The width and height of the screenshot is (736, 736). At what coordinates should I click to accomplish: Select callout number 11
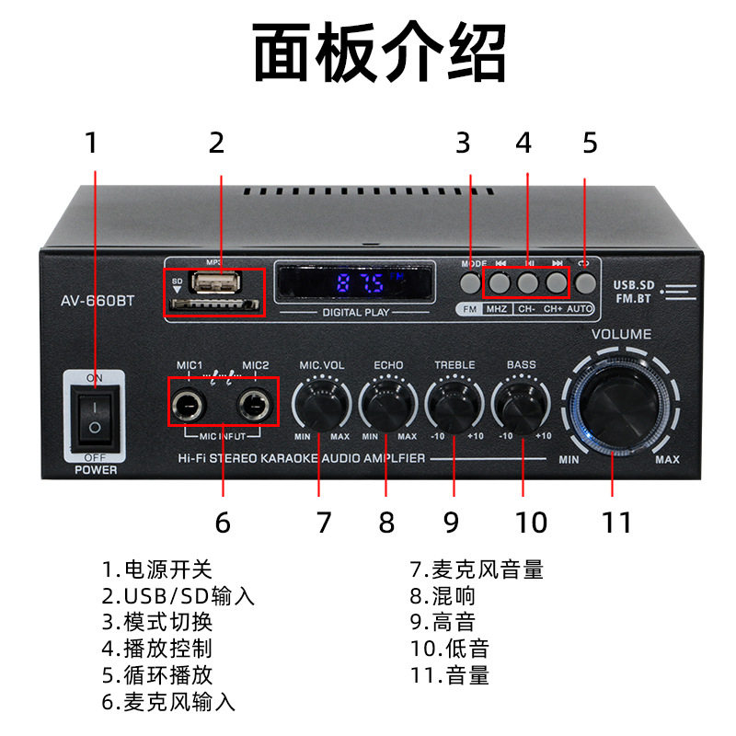click(x=617, y=523)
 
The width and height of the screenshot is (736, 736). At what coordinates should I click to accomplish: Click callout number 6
click(x=222, y=523)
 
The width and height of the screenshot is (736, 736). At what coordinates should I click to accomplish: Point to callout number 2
click(x=216, y=143)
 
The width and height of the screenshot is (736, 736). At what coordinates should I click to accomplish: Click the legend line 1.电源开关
click(x=157, y=570)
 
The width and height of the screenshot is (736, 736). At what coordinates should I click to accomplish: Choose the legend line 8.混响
click(x=443, y=596)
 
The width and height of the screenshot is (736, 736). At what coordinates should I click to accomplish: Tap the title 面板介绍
click(x=380, y=53)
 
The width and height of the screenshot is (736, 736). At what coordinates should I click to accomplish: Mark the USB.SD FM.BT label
click(x=635, y=292)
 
